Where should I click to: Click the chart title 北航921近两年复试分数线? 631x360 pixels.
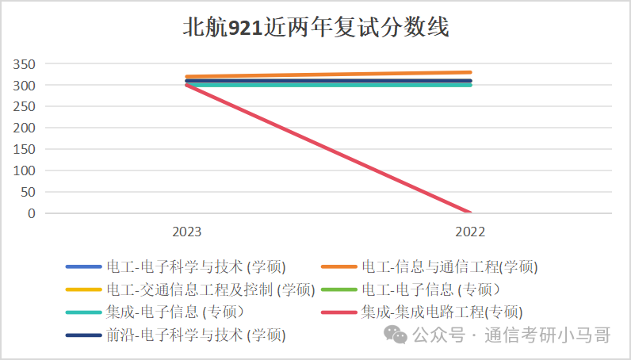[315, 29]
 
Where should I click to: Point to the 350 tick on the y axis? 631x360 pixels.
[25, 64]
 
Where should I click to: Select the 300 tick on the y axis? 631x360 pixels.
[25, 86]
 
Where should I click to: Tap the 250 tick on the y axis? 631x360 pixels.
[25, 107]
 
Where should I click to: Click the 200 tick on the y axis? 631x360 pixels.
[25, 128]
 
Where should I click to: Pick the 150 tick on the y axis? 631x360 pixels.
[25, 150]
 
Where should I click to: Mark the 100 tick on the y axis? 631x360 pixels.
[25, 171]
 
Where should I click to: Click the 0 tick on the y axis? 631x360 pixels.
[32, 213]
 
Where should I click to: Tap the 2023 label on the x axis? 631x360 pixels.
[187, 232]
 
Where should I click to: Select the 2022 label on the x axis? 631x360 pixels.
[470, 232]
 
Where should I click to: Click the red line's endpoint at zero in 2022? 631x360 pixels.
[470, 213]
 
